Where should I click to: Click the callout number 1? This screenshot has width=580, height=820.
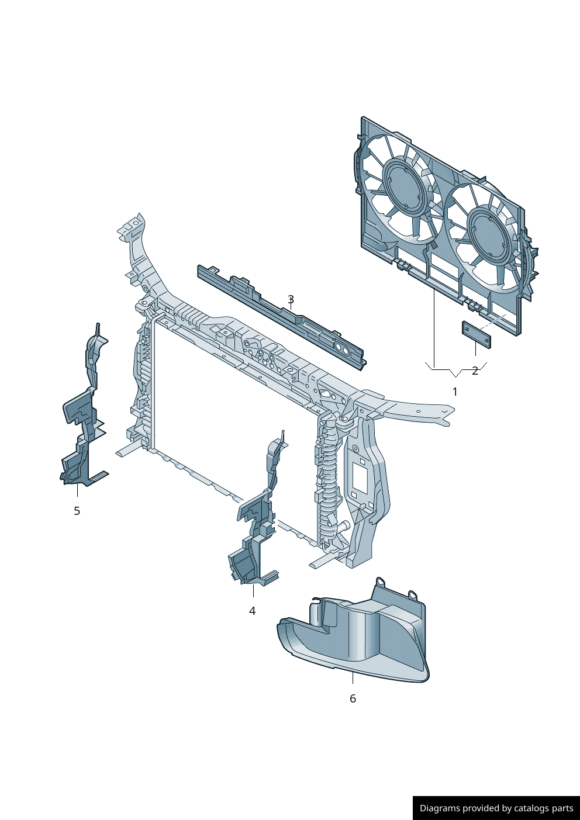tap(455, 392)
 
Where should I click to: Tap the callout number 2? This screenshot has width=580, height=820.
tap(475, 371)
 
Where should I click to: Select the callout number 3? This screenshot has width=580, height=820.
tap(291, 299)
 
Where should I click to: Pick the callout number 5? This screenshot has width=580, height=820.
tap(77, 511)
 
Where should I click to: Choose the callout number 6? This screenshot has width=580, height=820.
tap(353, 698)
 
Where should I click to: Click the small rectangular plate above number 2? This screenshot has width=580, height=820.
tap(476, 334)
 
